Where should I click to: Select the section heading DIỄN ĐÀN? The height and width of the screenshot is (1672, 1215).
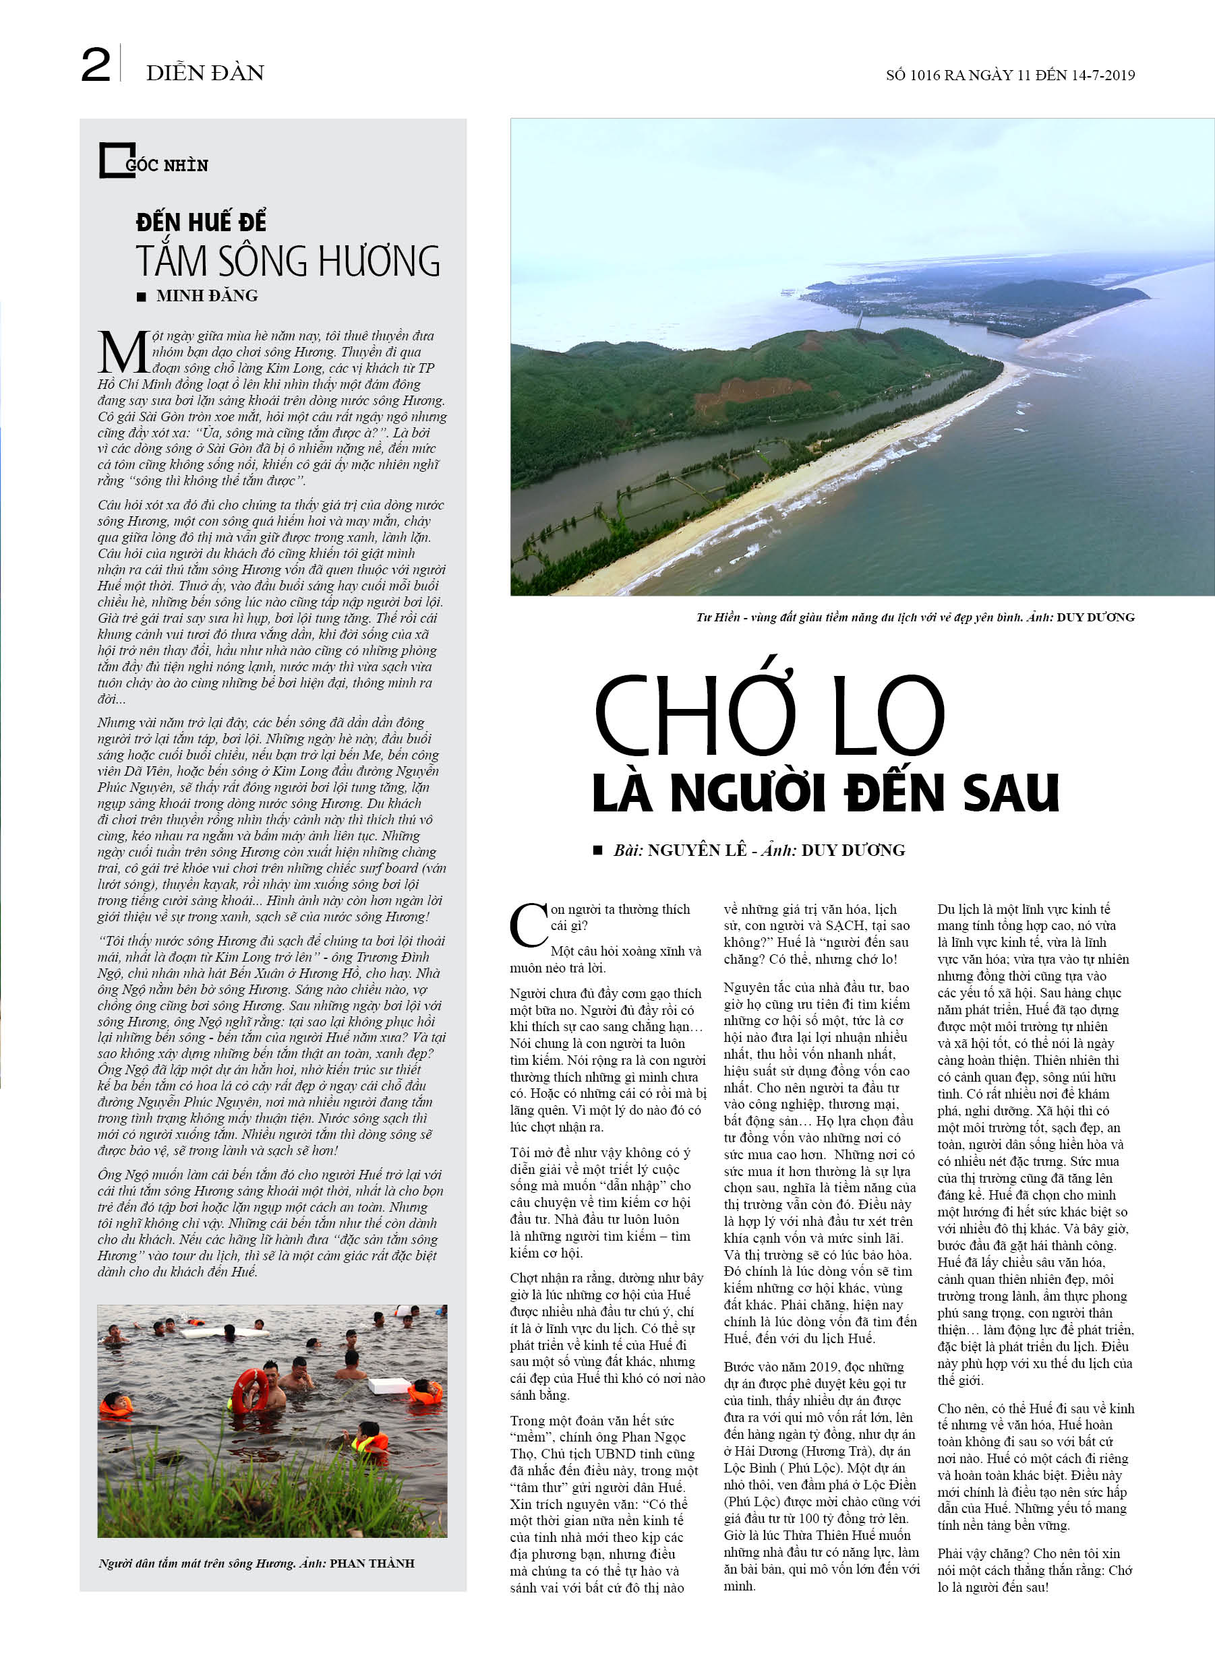point(205,73)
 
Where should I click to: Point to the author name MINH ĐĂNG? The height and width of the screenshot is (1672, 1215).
point(206,296)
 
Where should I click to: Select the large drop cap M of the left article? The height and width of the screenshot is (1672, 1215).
point(123,353)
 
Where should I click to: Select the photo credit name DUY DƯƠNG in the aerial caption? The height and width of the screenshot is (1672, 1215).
point(1095,617)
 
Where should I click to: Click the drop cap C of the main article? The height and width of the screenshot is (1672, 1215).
point(528,925)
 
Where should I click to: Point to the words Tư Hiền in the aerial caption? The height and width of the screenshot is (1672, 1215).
point(718,617)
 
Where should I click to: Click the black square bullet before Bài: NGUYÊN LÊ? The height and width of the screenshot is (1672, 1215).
point(597,850)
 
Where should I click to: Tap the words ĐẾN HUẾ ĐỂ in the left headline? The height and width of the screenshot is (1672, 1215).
point(201,222)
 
